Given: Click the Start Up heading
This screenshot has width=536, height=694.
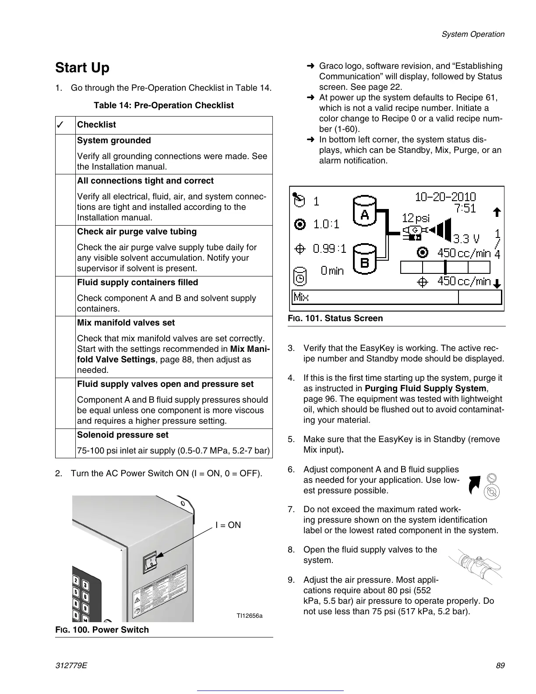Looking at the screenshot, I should point(82,68).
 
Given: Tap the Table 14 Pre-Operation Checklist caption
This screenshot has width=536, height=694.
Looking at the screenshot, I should point(164,106).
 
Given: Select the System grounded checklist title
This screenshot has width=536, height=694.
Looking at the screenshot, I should point(114,141).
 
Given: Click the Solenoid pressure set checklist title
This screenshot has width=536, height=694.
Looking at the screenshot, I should point(123,435).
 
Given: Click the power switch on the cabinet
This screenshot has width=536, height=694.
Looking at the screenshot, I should point(150,562).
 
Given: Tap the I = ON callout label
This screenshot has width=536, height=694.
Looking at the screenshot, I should point(228,525).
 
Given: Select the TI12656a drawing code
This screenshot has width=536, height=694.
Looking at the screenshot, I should point(250,616).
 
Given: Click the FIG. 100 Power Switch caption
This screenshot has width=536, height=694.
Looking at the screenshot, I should point(102,630).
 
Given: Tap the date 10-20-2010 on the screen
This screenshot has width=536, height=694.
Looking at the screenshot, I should point(445,197).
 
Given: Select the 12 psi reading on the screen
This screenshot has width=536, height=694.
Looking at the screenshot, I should point(416,218).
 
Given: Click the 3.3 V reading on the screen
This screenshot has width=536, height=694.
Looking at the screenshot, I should point(466,239).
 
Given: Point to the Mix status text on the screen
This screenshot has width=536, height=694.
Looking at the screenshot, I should point(301,297).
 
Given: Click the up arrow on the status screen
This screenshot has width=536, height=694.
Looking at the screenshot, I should point(497,212).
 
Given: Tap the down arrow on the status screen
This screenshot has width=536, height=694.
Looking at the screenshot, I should point(497,284).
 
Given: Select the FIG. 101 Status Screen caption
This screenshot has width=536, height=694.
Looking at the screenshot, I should point(335,319).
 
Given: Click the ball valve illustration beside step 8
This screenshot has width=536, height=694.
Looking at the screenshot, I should point(475,565).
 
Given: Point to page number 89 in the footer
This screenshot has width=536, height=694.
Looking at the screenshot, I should point(500,666).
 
